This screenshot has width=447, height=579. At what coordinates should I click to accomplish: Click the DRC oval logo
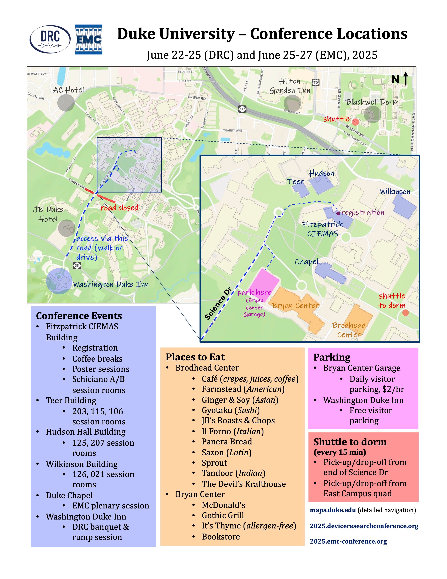click(50, 39)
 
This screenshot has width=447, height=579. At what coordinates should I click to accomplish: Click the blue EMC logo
click(89, 39)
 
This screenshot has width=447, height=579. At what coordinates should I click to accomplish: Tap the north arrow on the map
click(405, 79)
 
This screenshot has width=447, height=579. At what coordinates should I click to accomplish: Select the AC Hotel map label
click(68, 90)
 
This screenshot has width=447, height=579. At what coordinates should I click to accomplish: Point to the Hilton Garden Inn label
click(290, 86)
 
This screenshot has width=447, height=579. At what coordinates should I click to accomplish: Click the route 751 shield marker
click(77, 265)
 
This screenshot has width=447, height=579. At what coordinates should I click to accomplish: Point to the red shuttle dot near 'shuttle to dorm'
click(405, 313)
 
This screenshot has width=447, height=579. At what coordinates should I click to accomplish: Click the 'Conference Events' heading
click(79, 316)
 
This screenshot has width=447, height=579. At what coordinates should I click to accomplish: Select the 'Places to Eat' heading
click(195, 357)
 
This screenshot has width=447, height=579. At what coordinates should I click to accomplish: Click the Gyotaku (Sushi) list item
click(231, 410)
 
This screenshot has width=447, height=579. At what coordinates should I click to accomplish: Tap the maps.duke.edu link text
click(333, 510)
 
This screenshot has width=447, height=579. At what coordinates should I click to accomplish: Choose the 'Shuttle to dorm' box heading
click(350, 442)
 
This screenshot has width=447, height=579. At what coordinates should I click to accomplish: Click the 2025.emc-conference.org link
click(348, 541)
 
